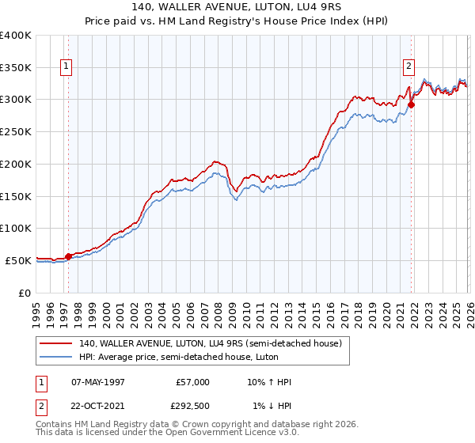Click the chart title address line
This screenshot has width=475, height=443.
(237, 8)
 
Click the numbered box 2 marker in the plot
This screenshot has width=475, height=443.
(409, 67)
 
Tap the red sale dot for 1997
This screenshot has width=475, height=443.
(68, 256)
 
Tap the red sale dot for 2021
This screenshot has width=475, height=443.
(412, 104)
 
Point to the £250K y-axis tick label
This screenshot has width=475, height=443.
(16, 131)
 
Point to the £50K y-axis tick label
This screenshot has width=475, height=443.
(18, 260)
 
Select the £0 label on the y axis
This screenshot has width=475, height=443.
(25, 293)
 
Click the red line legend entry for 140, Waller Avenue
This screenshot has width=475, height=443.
(210, 343)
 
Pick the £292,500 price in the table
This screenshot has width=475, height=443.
(192, 406)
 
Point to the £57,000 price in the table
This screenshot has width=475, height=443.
(192, 382)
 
